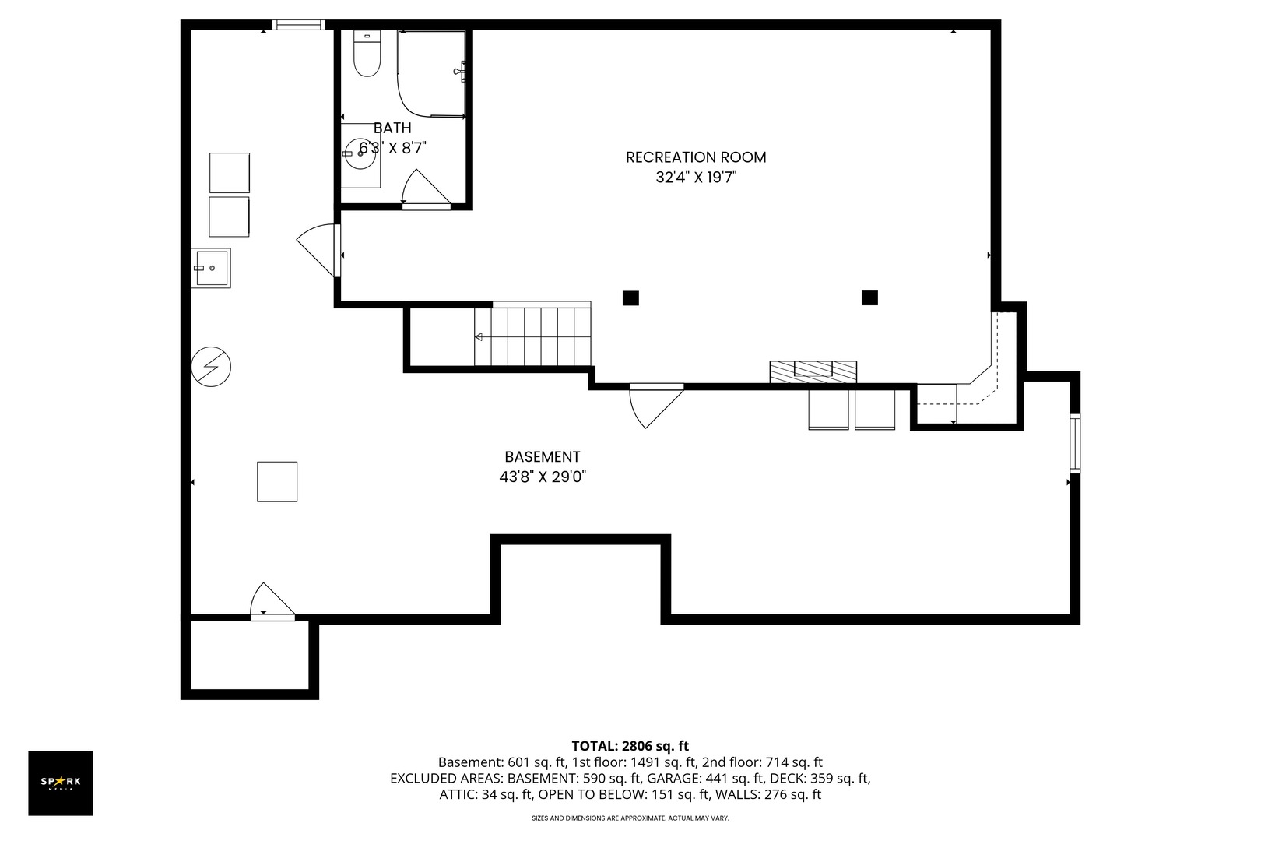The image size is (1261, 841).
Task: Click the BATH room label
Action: pyautogui.click(x=392, y=128)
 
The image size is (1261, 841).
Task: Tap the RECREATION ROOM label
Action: pyautogui.click(x=696, y=157)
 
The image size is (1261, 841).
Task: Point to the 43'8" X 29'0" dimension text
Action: pyautogui.click(x=543, y=477)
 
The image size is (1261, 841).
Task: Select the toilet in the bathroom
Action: pyautogui.click(x=367, y=53)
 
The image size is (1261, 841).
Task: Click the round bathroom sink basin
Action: pyautogui.click(x=360, y=153)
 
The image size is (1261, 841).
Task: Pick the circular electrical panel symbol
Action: pyautogui.click(x=211, y=367)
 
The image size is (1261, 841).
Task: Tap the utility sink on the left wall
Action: pyautogui.click(x=210, y=268)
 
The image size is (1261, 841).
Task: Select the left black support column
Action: pyautogui.click(x=630, y=298)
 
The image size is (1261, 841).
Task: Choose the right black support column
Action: pyautogui.click(x=869, y=297)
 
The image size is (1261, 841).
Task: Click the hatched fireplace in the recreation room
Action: pyautogui.click(x=813, y=371)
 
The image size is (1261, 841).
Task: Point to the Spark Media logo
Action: pyautogui.click(x=61, y=783)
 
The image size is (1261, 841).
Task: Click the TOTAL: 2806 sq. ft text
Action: pyautogui.click(x=630, y=746)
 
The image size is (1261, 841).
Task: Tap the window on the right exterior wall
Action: pyautogui.click(x=1075, y=443)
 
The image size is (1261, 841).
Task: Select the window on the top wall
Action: pyautogui.click(x=299, y=25)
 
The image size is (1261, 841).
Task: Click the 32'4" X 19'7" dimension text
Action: pyautogui.click(x=696, y=178)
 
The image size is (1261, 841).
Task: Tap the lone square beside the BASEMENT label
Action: pyautogui.click(x=277, y=481)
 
